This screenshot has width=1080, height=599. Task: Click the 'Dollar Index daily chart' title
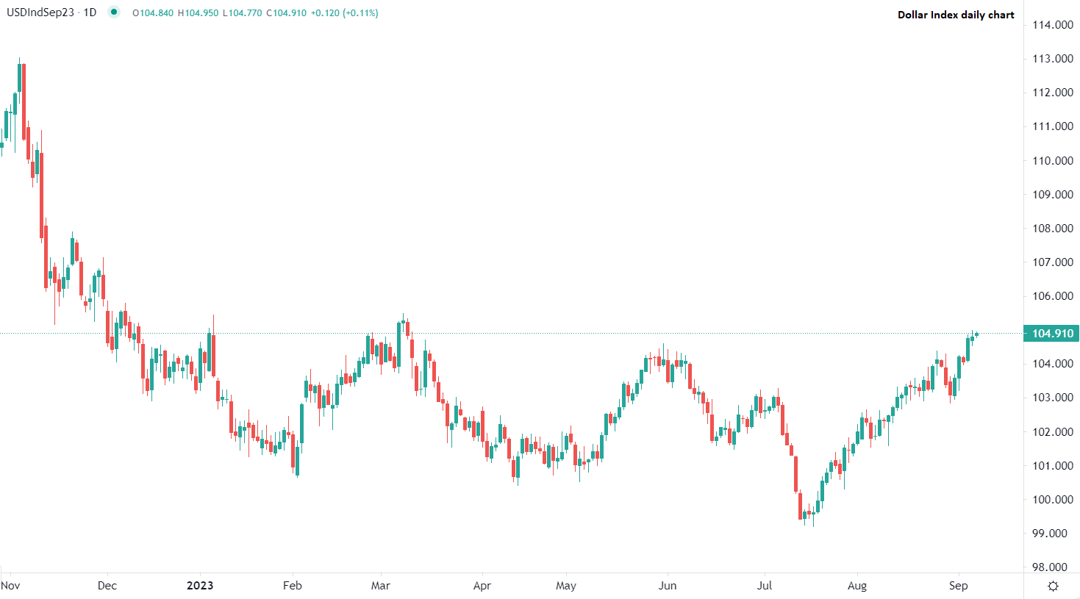point(955,15)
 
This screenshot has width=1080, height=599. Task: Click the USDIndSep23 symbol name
point(40,12)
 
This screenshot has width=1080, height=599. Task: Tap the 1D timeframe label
point(89,12)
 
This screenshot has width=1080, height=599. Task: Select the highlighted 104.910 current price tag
point(1052,333)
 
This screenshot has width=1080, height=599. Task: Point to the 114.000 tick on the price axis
point(1052,25)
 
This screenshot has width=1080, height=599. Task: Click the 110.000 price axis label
point(1052,160)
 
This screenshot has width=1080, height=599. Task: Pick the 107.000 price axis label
point(1052,262)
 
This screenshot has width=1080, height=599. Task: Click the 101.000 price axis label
point(1052,466)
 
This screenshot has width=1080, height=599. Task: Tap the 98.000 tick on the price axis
point(1052,567)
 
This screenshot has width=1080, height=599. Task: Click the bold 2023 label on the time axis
point(200,586)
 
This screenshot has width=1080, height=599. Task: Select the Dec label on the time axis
point(107,586)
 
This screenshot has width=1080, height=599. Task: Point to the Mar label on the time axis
point(381,586)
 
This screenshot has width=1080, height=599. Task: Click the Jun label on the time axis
point(668,586)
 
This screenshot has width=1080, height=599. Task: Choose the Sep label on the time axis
point(959,586)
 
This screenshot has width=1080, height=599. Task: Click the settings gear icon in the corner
point(1053,586)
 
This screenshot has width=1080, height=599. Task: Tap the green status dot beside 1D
point(114,12)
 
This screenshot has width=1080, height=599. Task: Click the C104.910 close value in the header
point(286,13)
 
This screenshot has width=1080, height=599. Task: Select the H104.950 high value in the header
point(198,13)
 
